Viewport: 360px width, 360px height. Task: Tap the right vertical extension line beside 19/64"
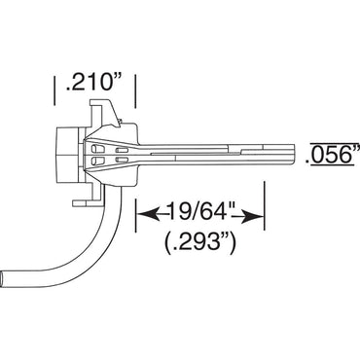coord(265,206)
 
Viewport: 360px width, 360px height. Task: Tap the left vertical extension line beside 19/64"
coord(135,206)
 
